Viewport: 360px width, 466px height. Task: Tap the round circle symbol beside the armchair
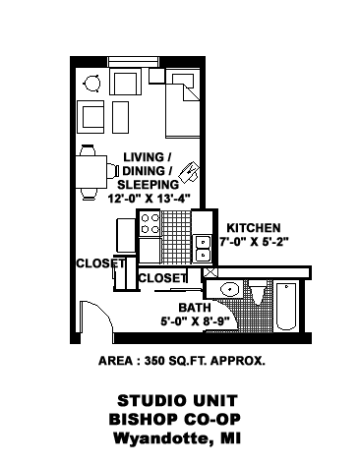tap(92, 83)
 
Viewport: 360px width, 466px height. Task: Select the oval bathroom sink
tap(228, 290)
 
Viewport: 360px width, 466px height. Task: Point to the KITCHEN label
tap(254, 226)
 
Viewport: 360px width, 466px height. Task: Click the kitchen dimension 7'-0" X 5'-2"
tap(259, 241)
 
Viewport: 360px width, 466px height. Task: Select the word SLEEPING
tap(148, 183)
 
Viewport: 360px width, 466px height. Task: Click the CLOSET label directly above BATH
tap(161, 278)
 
